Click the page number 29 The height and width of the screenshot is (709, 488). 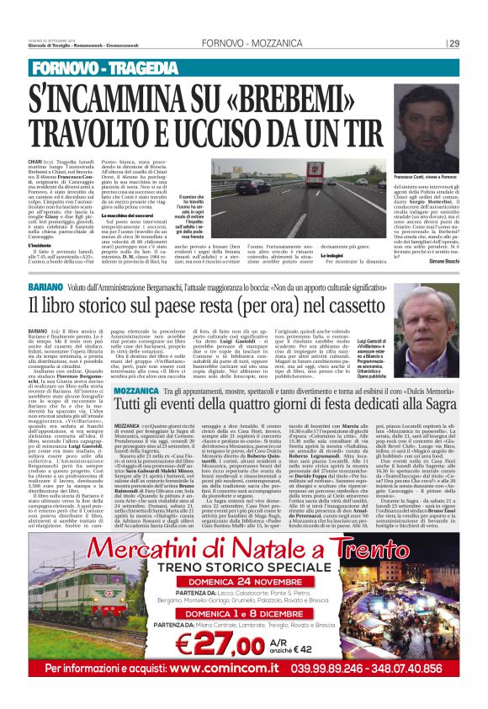point(454,44)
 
